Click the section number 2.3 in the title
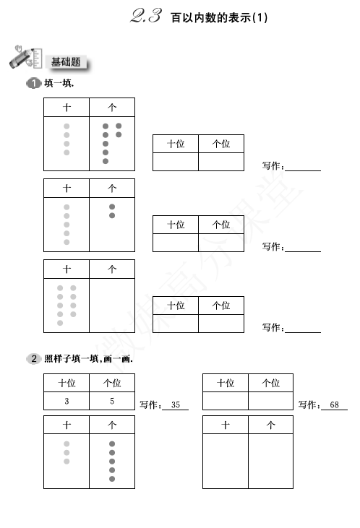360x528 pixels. (145, 16)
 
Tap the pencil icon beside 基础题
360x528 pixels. (25, 57)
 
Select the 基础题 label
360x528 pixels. (66, 62)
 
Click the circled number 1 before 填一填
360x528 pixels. (33, 83)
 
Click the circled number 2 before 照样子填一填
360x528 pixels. (33, 359)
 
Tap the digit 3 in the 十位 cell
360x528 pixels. (67, 401)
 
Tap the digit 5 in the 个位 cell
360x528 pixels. (112, 401)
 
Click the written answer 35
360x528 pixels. (175, 404)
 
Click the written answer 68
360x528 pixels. (334, 404)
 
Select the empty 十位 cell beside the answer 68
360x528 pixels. (226, 401)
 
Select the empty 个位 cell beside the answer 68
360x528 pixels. (270, 401)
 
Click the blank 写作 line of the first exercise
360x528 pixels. (303, 170)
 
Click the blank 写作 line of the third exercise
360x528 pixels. (303, 332)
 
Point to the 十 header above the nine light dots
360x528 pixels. (67, 269)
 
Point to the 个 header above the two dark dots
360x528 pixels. (112, 189)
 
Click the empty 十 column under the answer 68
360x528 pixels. (226, 461)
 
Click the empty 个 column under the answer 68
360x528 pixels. (270, 461)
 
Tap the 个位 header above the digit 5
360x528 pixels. (112, 383)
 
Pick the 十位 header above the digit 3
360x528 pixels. (67, 383)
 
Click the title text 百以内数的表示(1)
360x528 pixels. (219, 17)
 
